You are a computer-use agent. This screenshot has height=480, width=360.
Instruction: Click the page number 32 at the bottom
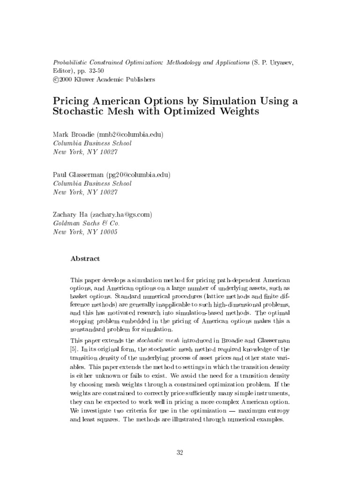tap(180, 452)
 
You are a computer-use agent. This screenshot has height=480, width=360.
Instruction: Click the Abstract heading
tap(85, 258)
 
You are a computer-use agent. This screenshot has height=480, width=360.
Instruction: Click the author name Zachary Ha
tap(70, 215)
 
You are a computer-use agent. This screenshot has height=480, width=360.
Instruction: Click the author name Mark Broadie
tap(74, 135)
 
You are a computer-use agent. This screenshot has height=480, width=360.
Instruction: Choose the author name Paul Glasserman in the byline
tap(77, 175)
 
